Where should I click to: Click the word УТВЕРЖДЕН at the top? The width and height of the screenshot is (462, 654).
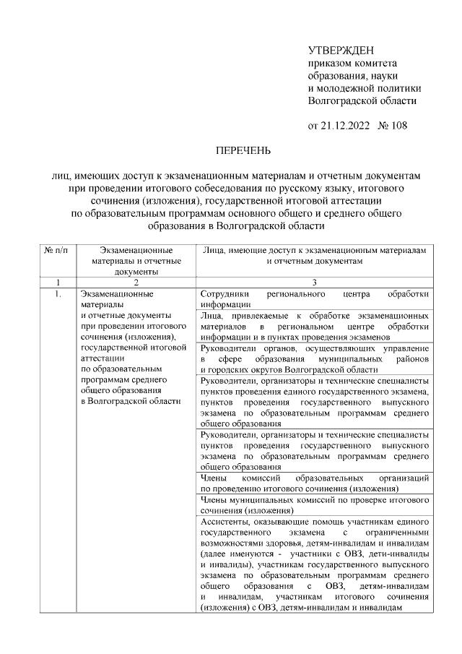341,50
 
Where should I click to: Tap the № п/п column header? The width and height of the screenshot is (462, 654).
56,249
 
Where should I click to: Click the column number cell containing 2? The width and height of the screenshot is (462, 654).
136,282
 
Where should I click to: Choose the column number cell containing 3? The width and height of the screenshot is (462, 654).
315,282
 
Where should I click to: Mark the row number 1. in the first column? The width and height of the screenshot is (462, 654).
56,294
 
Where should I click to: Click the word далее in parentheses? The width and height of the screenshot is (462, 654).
217,553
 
